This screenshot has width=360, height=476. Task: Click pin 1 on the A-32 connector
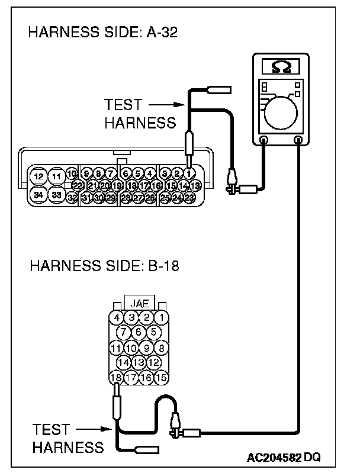pos(189,173)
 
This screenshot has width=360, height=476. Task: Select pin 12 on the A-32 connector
pos(39,176)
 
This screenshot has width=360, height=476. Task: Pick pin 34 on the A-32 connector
pos(39,194)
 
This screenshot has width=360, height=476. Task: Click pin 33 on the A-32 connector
pos(57,194)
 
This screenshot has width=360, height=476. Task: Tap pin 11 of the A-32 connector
pos(57,176)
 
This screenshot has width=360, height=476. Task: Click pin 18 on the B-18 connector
pos(117,377)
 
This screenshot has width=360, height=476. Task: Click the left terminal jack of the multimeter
pos(264,140)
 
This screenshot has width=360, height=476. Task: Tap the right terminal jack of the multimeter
pos(298,140)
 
